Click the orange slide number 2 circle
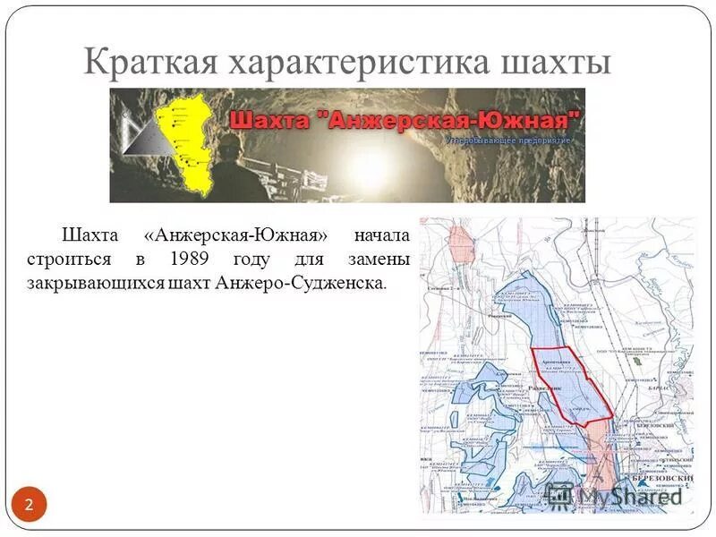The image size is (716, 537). (x=29, y=505)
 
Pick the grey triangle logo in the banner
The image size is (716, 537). (x=139, y=134)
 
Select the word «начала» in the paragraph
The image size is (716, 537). (x=382, y=236)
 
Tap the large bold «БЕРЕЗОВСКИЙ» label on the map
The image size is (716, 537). (x=662, y=479)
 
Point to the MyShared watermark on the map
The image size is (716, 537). (x=618, y=494)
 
